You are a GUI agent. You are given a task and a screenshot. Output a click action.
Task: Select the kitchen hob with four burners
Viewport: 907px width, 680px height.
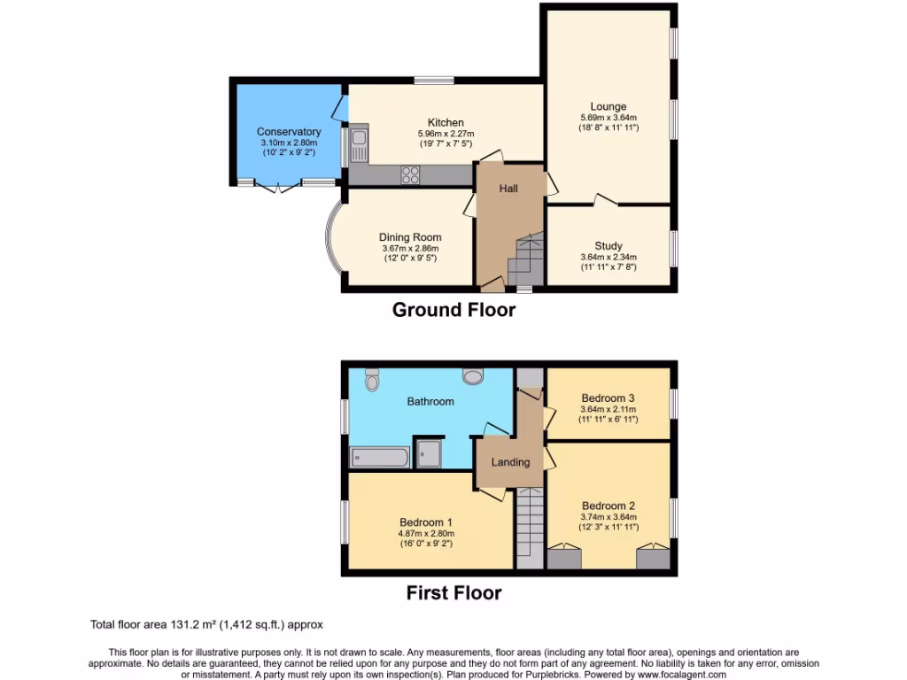click(412, 174)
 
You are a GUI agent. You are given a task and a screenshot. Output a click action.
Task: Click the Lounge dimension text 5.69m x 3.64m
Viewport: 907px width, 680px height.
click(608, 118)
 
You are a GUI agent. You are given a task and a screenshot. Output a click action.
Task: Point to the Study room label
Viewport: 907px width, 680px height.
click(608, 246)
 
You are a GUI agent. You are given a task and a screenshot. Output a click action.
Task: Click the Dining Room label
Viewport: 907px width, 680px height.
click(410, 236)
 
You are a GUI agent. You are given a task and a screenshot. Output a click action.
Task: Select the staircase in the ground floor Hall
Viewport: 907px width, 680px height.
click(524, 257)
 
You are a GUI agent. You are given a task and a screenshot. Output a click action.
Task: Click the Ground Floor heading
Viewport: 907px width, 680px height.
click(453, 309)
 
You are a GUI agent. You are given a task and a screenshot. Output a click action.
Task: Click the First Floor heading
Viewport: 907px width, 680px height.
click(453, 592)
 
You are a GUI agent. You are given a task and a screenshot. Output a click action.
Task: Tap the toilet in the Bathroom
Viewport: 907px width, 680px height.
click(371, 379)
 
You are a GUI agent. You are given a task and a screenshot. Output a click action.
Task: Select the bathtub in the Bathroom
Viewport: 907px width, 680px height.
click(380, 457)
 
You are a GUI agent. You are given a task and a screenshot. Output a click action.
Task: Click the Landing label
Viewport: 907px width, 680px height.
click(510, 462)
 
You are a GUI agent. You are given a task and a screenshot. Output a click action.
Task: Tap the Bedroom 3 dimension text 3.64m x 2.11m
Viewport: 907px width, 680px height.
click(608, 409)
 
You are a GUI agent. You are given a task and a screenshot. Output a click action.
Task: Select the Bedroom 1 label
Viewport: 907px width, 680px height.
click(425, 522)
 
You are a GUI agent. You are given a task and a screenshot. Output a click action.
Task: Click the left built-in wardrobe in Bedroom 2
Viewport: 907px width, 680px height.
click(563, 558)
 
